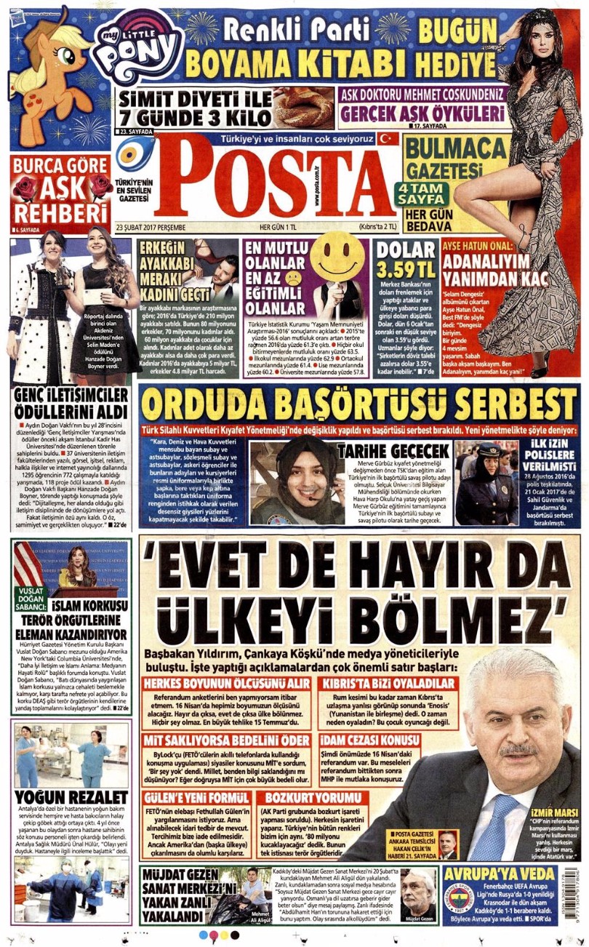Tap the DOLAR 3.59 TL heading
[x=406, y=260]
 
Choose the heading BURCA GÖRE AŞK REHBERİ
[x=60, y=188]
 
